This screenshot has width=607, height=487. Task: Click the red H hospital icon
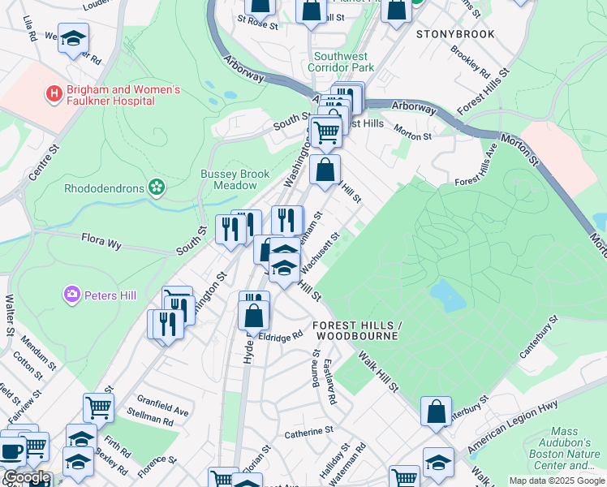pyautogui.click(x=54, y=93)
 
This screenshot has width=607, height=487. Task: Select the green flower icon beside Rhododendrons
pyautogui.click(x=156, y=188)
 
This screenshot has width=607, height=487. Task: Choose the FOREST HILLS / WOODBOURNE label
pyautogui.click(x=355, y=330)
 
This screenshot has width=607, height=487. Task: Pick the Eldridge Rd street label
pyautogui.click(x=280, y=336)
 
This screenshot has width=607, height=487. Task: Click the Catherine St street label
pyautogui.click(x=309, y=433)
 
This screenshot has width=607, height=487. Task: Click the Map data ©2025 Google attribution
pyautogui.click(x=557, y=481)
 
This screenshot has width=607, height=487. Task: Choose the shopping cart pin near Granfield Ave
pyautogui.click(x=98, y=408)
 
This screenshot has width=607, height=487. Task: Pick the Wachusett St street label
pyautogui.click(x=320, y=254)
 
